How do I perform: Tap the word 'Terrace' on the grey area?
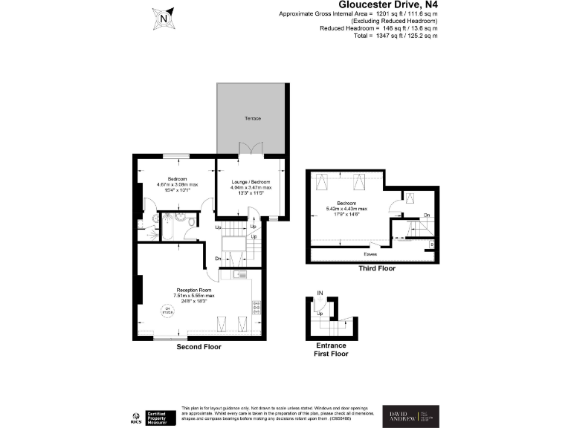pyautogui.click(x=253, y=119)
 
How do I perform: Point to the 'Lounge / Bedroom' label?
pyautogui.click(x=251, y=182)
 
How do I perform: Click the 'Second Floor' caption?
pyautogui.click(x=199, y=347)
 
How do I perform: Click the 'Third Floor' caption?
pyautogui.click(x=376, y=268)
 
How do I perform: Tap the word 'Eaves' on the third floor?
pyautogui.click(x=370, y=253)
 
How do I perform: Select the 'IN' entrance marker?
pyautogui.click(x=320, y=294)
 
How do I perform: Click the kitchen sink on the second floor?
pyautogui.click(x=239, y=276)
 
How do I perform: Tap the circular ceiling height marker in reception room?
pyautogui.click(x=167, y=311)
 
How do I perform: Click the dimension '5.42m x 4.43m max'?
pyautogui.click(x=346, y=209)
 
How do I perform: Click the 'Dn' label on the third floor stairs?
pyautogui.click(x=426, y=215)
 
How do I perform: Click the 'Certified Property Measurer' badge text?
pyautogui.click(x=158, y=418)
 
